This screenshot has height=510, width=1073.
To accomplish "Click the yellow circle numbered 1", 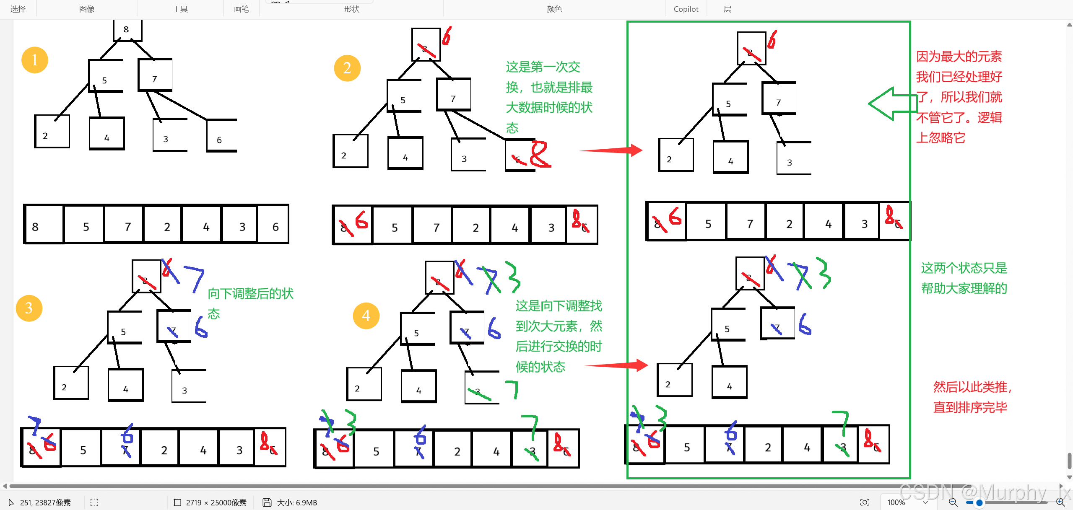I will pos(34,60).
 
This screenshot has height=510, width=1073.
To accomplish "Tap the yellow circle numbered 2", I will pos(347,68).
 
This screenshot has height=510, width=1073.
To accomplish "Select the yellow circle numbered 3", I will pos(29,308).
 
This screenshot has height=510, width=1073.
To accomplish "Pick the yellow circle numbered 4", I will pos(366,316).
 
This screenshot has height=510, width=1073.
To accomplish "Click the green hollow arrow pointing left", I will pos(891,104).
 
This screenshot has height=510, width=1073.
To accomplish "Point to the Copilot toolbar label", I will pos(686,9).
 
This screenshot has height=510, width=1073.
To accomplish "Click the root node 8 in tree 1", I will pos(127,30).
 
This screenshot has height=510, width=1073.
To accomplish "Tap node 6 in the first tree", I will pos(221,136).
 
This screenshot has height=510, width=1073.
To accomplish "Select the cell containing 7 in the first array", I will pos(124,225).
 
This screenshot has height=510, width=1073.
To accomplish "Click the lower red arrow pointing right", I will pos(616,365).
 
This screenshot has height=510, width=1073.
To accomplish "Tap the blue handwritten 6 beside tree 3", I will pos(201,327).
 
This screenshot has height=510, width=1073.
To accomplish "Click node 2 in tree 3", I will pos(70,383).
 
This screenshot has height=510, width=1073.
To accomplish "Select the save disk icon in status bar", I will pos(267,502).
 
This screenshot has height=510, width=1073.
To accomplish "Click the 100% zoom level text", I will pos(896,502).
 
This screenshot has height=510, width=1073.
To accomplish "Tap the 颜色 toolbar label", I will pos(554,9).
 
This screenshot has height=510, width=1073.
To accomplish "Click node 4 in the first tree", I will pos(107,134).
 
